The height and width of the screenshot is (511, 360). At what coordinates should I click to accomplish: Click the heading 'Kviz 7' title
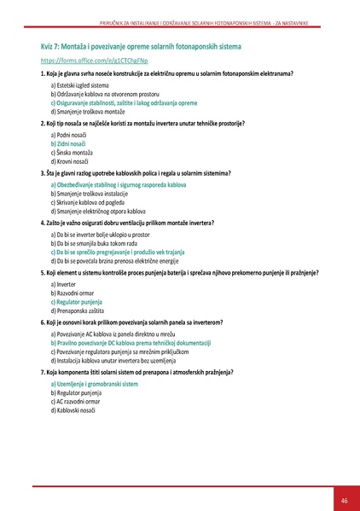coord(141,44)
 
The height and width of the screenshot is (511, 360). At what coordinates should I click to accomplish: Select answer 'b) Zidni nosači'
coord(73,144)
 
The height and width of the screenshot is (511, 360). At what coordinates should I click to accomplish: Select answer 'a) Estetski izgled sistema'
coord(81,86)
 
